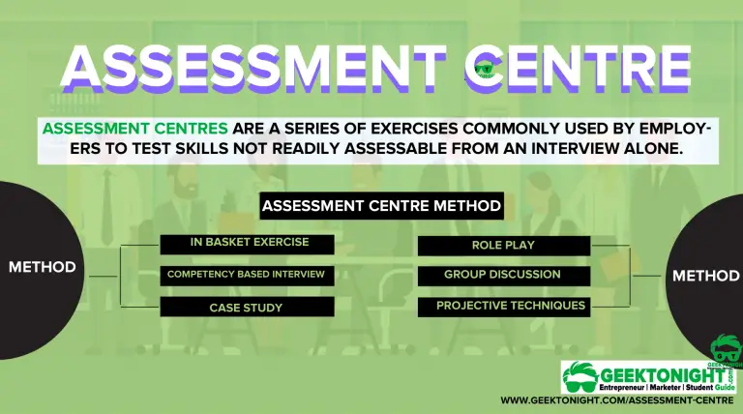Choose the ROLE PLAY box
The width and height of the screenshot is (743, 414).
coord(503,246)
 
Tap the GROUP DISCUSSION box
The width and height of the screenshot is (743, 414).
coord(503,275)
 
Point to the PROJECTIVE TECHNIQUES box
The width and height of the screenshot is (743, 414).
coord(503,307)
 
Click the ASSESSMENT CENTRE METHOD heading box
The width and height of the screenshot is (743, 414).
coord(381,206)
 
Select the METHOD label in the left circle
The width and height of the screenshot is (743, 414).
coord(42,267)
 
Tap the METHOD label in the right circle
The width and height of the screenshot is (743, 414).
coord(706,276)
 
